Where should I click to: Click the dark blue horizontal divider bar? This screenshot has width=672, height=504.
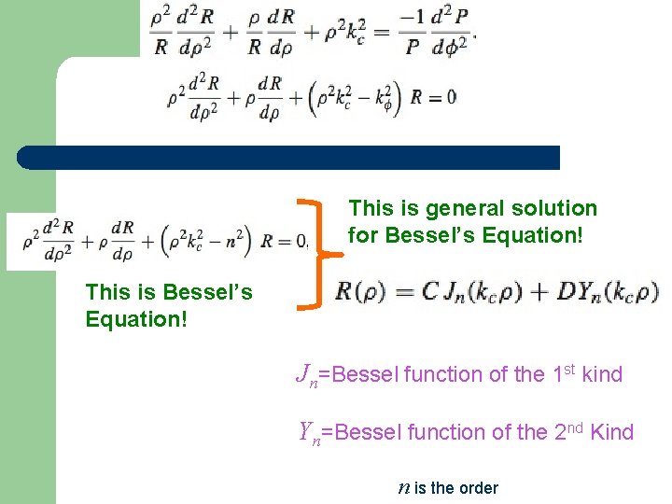289,158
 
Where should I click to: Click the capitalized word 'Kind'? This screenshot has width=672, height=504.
611,432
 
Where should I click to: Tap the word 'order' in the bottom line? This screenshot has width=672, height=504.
476,488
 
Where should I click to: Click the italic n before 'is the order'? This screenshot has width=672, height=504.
403,488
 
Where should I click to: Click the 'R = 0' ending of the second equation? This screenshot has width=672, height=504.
436,96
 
